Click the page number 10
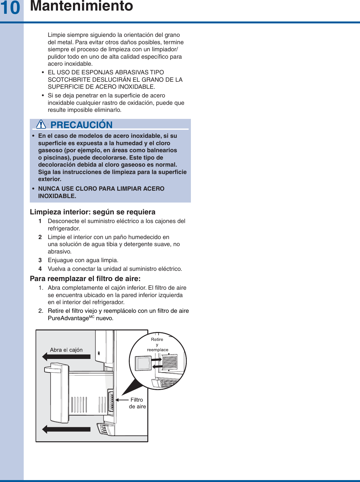10,8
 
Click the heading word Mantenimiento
81,6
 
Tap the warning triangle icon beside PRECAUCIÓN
41,124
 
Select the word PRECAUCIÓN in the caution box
81,125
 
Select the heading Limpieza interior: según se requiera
93,212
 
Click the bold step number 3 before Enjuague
40,260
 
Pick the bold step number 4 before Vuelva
40,269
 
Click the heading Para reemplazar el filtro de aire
85,278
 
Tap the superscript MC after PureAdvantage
92,317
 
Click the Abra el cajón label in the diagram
66,350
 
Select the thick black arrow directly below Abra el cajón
66,356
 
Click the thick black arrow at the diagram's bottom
66,429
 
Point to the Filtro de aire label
137,403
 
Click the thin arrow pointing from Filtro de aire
122,400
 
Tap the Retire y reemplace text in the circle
157,345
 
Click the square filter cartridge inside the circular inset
143,363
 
